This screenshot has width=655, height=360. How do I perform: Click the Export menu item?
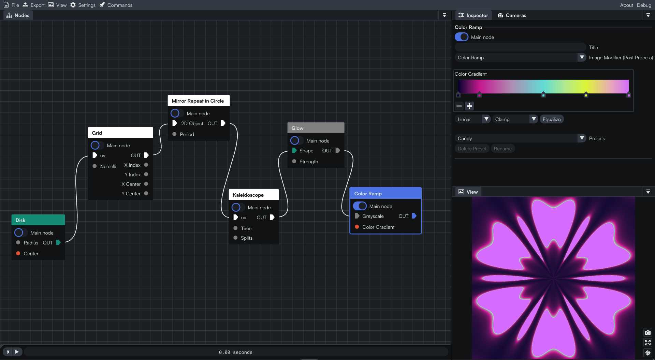pyautogui.click(x=33, y=5)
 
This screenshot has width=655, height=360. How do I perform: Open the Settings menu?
pyautogui.click(x=83, y=5)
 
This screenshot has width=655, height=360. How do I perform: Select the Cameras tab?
pyautogui.click(x=512, y=15)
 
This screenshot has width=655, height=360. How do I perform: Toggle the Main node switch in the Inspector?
pyautogui.click(x=462, y=37)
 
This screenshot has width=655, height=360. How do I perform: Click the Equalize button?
pyautogui.click(x=551, y=119)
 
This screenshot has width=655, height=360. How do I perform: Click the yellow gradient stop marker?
pyautogui.click(x=586, y=94)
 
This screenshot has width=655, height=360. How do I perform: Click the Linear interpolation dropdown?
pyautogui.click(x=473, y=119)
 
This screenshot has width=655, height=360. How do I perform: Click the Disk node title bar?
pyautogui.click(x=38, y=220)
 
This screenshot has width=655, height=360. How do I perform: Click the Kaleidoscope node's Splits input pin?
pyautogui.click(x=235, y=238)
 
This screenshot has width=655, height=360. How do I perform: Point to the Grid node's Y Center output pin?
pyautogui.click(x=146, y=193)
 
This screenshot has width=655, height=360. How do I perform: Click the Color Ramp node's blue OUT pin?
pyautogui.click(x=414, y=216)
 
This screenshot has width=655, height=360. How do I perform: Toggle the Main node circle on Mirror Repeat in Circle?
pyautogui.click(x=175, y=113)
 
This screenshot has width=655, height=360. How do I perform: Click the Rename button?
pyautogui.click(x=503, y=149)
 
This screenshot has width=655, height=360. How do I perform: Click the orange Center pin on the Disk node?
pyautogui.click(x=18, y=253)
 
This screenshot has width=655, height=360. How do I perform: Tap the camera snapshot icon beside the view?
pyautogui.click(x=647, y=333)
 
